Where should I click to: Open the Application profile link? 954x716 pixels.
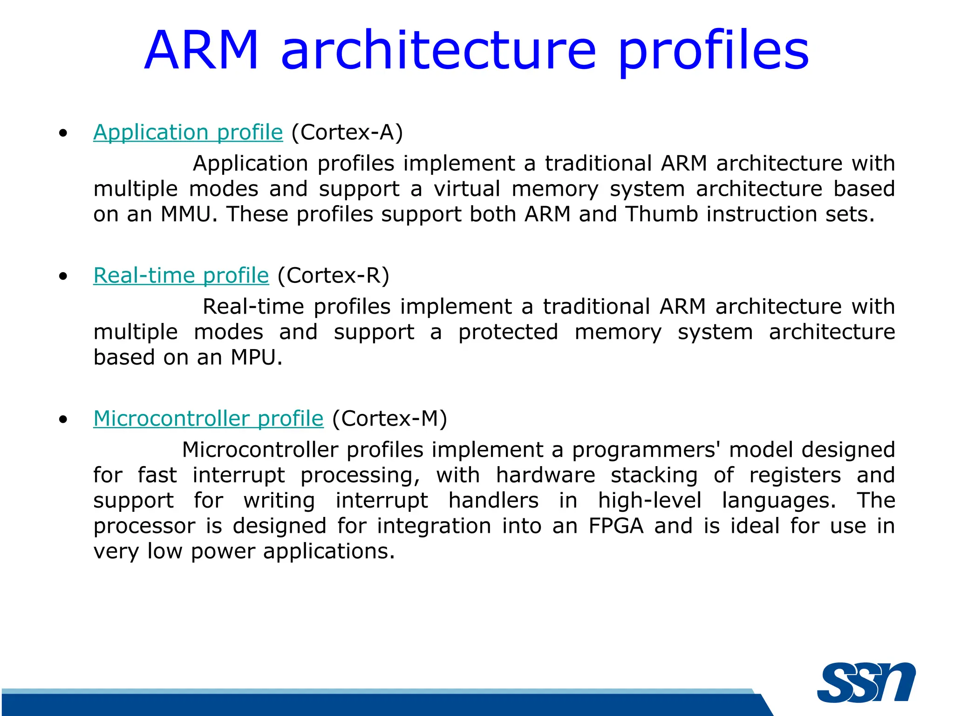click(x=188, y=132)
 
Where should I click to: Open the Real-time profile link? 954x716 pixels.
click(x=181, y=275)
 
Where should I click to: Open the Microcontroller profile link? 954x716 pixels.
click(x=208, y=419)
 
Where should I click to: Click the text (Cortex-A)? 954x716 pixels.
click(x=347, y=132)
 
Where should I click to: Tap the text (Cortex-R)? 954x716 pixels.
click(x=333, y=275)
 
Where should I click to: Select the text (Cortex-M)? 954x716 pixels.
click(x=389, y=419)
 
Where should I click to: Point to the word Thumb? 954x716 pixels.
click(x=661, y=214)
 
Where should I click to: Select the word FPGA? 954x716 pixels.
click(x=616, y=526)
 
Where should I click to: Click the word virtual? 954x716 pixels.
click(x=467, y=189)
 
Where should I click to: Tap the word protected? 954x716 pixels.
click(x=508, y=332)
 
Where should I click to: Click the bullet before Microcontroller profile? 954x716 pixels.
click(x=63, y=420)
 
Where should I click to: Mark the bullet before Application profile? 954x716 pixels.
click(x=63, y=133)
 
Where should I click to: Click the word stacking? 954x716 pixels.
click(x=654, y=475)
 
